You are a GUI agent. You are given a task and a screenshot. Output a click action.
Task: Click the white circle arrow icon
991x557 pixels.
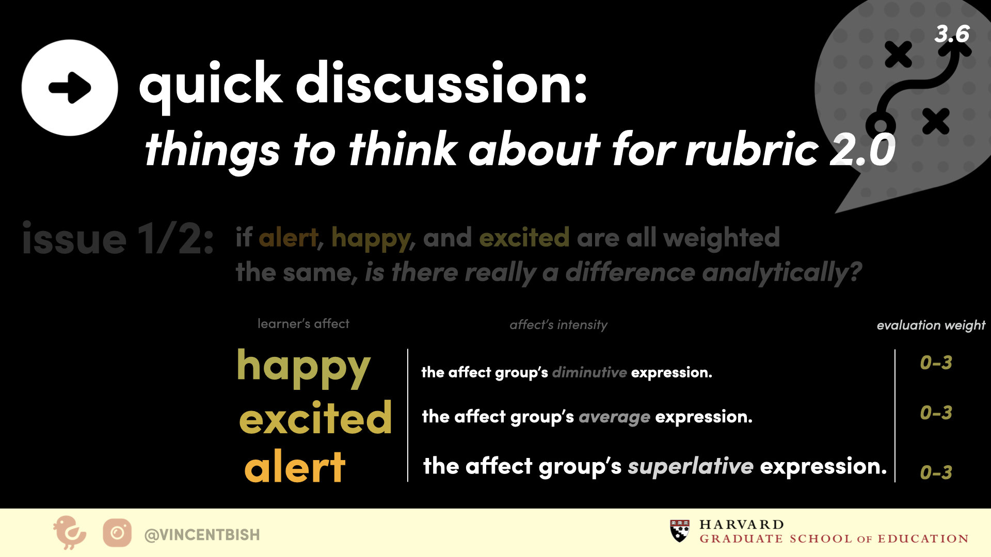pos(70,88)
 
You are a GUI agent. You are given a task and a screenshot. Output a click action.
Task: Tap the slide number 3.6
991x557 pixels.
pos(952,34)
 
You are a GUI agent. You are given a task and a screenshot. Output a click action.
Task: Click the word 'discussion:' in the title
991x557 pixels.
pos(441,83)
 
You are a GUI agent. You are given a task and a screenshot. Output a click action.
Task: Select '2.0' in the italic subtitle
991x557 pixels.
pos(862,150)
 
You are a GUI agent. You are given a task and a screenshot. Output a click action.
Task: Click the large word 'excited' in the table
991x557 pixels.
pos(315,417)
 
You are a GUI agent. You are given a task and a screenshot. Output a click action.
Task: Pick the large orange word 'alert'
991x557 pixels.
pos(295,467)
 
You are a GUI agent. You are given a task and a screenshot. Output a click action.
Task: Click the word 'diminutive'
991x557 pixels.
pos(589,372)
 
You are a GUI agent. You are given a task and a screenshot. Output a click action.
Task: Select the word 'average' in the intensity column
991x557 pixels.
pos(614,417)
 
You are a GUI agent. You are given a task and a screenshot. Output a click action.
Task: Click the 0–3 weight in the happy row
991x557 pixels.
pos(936,363)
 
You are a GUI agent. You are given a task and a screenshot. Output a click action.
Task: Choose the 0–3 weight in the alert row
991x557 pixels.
pos(936,472)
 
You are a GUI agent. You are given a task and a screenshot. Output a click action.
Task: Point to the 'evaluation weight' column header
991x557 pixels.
pos(931,325)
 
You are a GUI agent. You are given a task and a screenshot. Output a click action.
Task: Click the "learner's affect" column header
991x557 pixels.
pos(303,324)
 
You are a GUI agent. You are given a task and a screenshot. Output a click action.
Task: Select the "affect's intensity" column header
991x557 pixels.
pos(558,325)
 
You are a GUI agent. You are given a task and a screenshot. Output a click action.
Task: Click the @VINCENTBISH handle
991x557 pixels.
pos(202,535)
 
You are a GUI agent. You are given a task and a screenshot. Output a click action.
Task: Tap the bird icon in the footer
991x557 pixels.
pos(69,533)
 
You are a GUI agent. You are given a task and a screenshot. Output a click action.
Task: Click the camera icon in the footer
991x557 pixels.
pos(117,533)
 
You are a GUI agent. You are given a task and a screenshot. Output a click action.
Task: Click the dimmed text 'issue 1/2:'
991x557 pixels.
pos(118,239)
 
